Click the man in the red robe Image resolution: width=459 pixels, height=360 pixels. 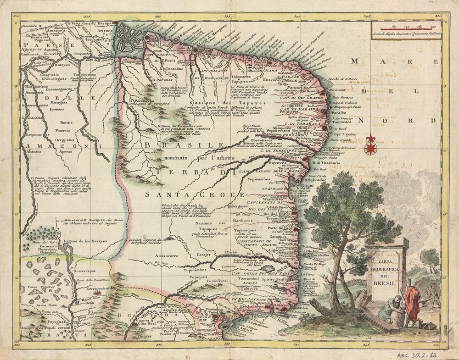tap(412, 303)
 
